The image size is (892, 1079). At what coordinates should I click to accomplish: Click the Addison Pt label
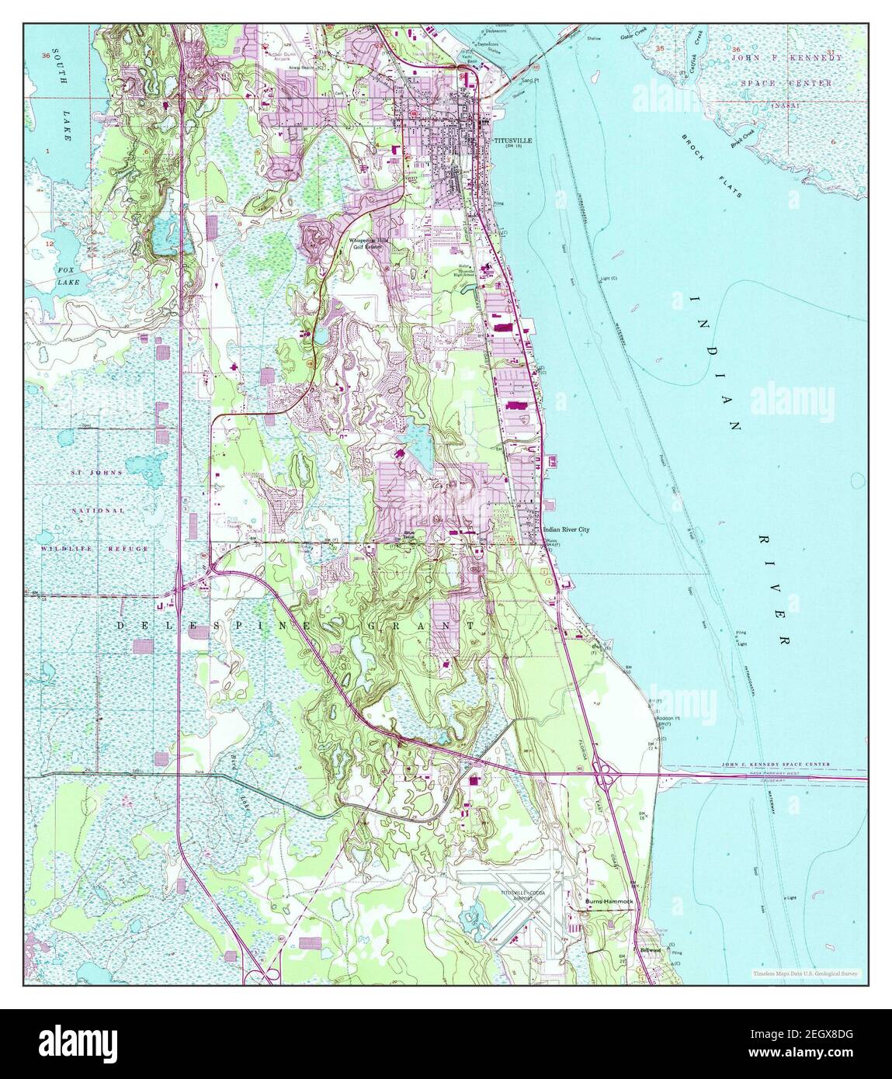pos(669,719)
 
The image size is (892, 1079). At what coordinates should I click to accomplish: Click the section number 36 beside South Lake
pos(47,56)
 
